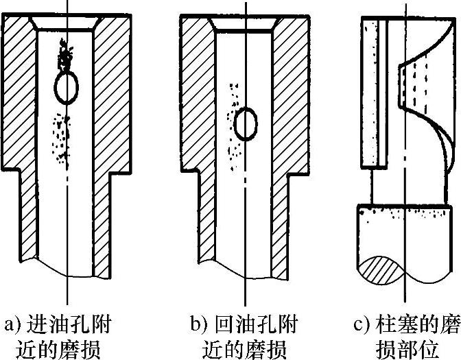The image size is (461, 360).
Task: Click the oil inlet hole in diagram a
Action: (x=67, y=88)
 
